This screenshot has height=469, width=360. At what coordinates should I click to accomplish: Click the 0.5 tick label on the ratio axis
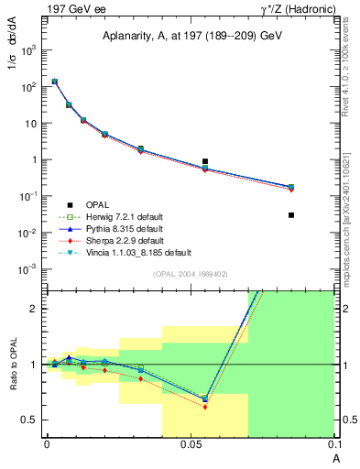[x=32, y=420]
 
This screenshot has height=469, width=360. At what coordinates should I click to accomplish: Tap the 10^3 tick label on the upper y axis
[x=29, y=50]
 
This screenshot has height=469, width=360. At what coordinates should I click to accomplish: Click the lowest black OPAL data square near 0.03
[x=291, y=215]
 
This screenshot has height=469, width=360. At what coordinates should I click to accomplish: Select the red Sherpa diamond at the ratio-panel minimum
[x=205, y=407]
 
